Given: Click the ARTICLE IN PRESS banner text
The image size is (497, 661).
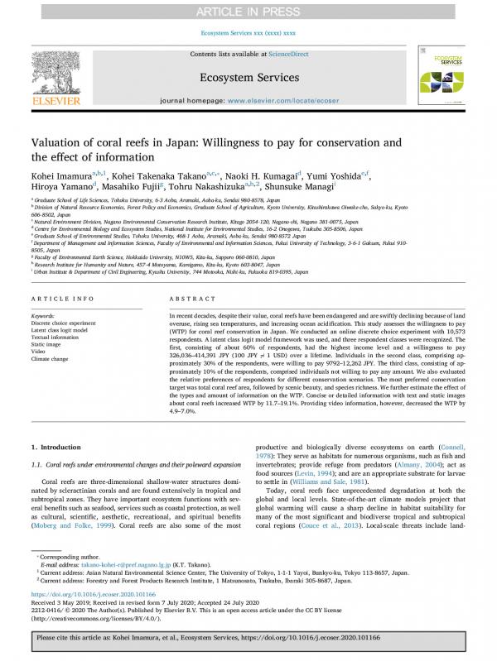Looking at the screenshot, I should coord(248,11).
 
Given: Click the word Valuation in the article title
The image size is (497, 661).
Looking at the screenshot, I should coord(61,141).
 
